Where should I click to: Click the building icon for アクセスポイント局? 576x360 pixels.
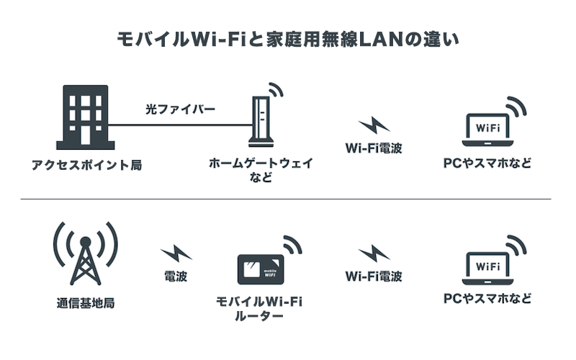(x=86, y=117)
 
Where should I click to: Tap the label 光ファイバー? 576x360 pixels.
(x=181, y=109)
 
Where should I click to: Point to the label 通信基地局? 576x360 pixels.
(x=84, y=303)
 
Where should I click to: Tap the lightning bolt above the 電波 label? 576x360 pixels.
(x=176, y=253)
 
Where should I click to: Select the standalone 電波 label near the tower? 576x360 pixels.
(x=176, y=276)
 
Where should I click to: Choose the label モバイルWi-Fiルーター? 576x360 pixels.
(x=259, y=308)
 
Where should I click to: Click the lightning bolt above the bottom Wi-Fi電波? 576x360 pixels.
(x=373, y=253)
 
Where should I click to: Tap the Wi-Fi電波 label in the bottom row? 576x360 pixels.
(x=374, y=276)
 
